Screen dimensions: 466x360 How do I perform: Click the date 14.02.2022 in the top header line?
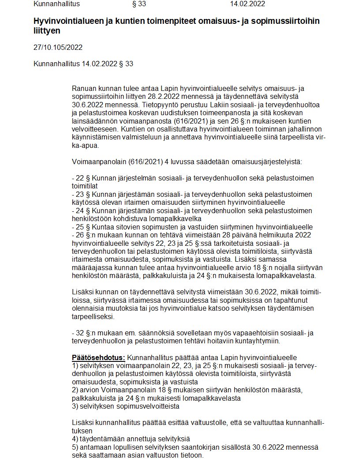coord(247,4)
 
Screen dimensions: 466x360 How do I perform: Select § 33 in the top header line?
coord(139,4)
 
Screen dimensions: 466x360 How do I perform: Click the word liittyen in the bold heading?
coord(47,31)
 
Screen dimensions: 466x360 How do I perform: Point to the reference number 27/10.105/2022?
coord(58,48)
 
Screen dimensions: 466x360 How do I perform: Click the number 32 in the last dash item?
coord(80,332)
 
